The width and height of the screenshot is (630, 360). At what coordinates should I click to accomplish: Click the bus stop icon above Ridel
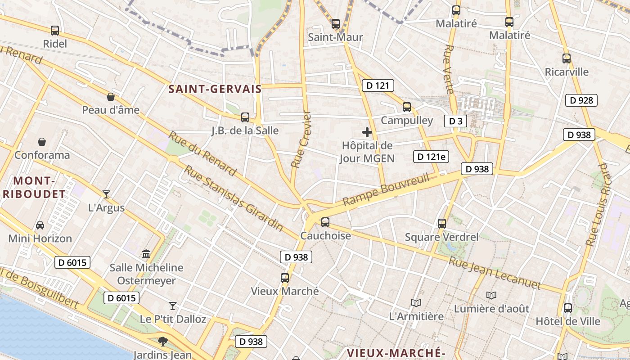[x=55, y=31]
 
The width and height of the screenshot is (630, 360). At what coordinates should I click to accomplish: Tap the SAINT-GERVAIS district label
[x=215, y=89]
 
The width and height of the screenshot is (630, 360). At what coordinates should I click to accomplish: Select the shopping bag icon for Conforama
[x=42, y=142]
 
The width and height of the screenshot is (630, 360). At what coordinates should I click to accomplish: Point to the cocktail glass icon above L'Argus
[x=106, y=194]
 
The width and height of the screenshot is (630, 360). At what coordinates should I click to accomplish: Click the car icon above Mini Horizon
[x=40, y=225]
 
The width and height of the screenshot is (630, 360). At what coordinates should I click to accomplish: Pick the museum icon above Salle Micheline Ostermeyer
[x=146, y=254]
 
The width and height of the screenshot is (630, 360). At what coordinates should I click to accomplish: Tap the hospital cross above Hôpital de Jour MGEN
[x=367, y=132]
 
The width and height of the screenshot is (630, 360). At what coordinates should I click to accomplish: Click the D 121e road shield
[x=431, y=157]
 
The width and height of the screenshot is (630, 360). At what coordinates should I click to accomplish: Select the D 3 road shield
[x=455, y=121]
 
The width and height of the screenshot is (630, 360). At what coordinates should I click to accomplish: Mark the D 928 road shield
[x=581, y=100]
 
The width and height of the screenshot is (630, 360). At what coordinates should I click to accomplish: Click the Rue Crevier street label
[x=301, y=139]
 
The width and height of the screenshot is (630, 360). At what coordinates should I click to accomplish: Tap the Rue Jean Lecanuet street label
[x=495, y=273]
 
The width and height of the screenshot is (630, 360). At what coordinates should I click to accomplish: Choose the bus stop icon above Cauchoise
[x=325, y=222]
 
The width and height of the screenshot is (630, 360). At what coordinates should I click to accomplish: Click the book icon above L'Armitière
[x=416, y=303]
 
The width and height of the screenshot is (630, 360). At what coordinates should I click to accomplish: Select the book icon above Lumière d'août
[x=491, y=296]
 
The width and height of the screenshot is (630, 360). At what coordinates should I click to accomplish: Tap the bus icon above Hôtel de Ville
[x=568, y=308]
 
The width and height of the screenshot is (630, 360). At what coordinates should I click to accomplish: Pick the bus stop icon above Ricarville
[x=567, y=58]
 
